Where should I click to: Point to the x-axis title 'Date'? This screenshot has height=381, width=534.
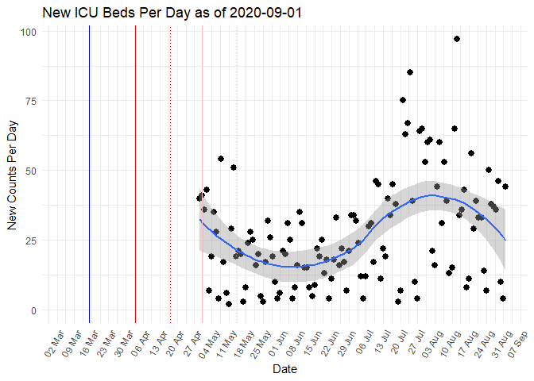point(285,369)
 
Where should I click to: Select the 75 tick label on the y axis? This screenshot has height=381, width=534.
point(32,102)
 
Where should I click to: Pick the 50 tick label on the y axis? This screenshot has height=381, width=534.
point(32,171)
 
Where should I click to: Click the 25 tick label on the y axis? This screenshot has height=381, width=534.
point(32,241)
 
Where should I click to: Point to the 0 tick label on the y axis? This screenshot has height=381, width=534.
point(34,310)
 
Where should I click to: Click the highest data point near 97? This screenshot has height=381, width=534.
point(457,39)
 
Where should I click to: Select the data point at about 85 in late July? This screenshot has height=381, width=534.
point(410,72)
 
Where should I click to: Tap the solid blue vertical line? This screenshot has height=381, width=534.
point(89,175)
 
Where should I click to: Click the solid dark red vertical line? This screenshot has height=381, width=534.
point(135,175)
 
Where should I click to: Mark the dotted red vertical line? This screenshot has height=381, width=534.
point(170,175)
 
